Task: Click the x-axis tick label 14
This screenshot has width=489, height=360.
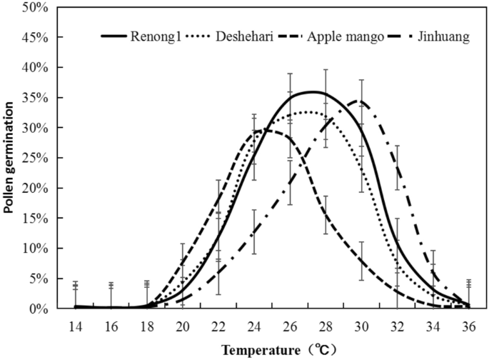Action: point(74,326)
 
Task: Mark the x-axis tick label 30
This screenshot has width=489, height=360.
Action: point(361,326)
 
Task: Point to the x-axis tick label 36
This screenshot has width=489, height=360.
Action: point(468,326)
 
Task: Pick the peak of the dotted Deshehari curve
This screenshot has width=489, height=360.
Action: point(307,112)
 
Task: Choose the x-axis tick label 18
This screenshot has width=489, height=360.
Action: point(146,326)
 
